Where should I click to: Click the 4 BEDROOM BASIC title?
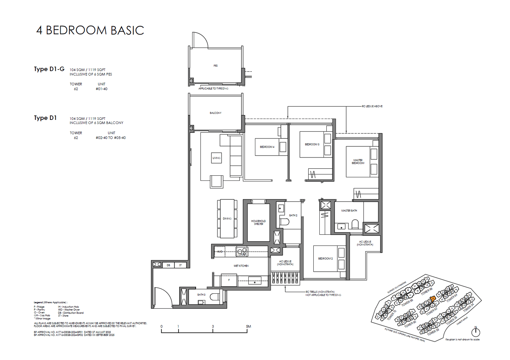[90, 30]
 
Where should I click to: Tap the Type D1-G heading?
[49, 69]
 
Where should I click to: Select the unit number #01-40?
[101, 89]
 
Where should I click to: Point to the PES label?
[215, 66]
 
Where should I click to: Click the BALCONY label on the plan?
[215, 113]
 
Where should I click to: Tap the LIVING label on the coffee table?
[216, 158]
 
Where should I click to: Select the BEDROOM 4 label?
[267, 147]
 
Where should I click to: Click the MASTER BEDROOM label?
[358, 162]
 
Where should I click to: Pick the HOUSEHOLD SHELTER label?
[258, 222]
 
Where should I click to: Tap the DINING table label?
[227, 219]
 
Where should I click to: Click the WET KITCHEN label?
[241, 266]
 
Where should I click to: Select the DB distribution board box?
[169, 265]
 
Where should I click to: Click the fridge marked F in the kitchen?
[229, 280]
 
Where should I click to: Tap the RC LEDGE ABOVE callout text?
[372, 106]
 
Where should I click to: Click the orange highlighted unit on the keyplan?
[433, 299]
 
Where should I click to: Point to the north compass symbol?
[476, 332]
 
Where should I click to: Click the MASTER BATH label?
[349, 211]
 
